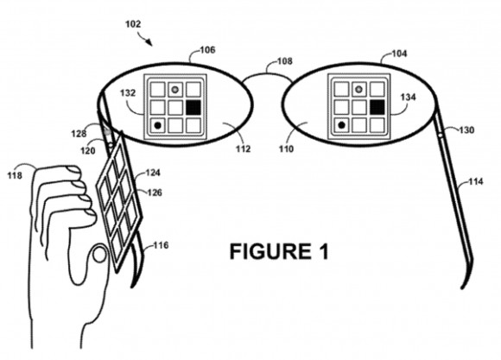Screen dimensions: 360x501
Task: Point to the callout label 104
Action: coord(399,53)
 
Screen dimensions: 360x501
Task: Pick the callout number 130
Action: coord(465,130)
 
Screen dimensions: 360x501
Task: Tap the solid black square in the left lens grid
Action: coord(193,107)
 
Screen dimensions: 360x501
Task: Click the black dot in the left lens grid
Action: coord(157,126)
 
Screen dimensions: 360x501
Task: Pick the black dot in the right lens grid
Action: coord(341,126)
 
